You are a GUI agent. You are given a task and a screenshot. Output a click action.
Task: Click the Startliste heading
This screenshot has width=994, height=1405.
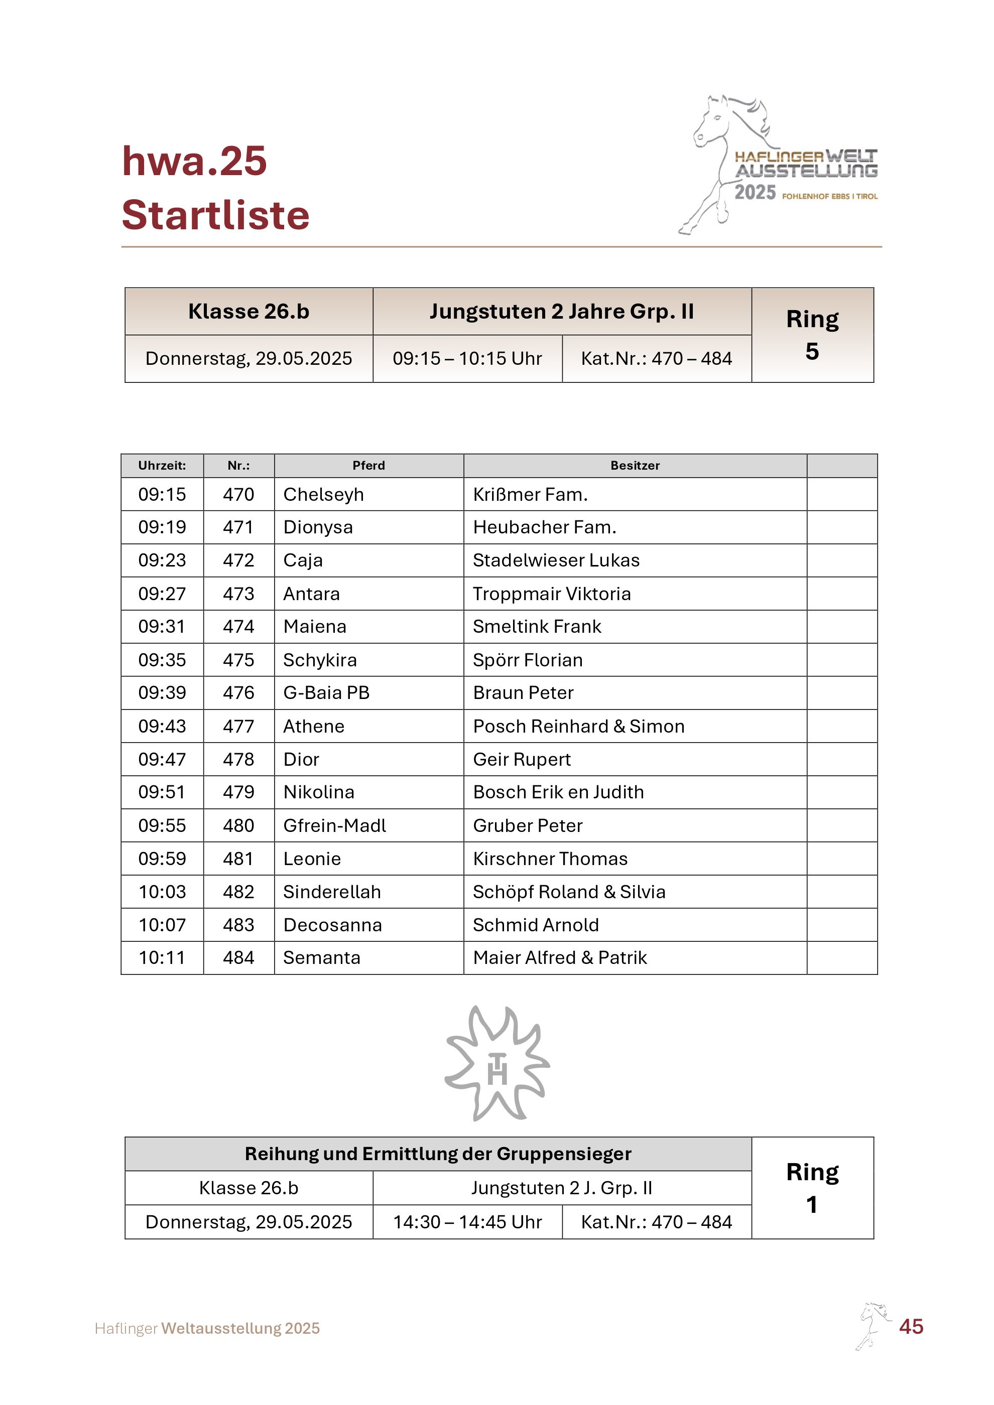215,215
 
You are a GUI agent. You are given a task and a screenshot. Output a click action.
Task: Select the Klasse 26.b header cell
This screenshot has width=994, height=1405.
248,312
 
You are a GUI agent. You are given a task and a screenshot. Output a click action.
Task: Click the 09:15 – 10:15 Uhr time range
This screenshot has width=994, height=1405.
467,359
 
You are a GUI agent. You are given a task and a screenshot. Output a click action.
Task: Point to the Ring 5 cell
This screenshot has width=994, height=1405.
812,335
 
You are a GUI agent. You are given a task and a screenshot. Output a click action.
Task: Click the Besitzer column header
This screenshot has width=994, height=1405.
635,466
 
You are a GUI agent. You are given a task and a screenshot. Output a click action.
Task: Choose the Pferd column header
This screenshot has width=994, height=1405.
368,466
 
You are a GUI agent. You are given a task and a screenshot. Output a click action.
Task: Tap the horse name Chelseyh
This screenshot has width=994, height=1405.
323,494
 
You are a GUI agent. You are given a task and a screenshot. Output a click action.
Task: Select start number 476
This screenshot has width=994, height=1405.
238,692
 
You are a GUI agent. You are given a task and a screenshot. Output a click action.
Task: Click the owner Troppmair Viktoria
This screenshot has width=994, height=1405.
552,594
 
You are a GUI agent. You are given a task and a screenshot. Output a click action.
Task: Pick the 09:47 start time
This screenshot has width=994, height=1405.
162,759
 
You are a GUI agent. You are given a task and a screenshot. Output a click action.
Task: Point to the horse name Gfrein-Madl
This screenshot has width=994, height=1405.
334,825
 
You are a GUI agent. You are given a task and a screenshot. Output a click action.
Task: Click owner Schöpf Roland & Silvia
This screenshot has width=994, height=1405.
569,892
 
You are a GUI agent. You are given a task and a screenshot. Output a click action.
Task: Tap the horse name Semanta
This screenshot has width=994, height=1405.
321,958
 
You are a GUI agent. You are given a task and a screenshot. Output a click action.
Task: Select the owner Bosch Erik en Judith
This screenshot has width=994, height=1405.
558,792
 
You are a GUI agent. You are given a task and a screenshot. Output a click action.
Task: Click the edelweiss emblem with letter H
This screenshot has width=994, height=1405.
497,1064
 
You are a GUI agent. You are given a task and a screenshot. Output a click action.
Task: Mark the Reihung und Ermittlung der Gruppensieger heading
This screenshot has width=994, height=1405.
438,1154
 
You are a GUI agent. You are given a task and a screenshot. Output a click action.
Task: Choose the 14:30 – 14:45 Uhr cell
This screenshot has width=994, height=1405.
467,1222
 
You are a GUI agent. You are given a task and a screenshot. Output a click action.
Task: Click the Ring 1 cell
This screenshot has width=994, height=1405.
812,1188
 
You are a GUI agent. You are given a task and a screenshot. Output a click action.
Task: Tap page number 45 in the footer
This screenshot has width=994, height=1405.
911,1327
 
